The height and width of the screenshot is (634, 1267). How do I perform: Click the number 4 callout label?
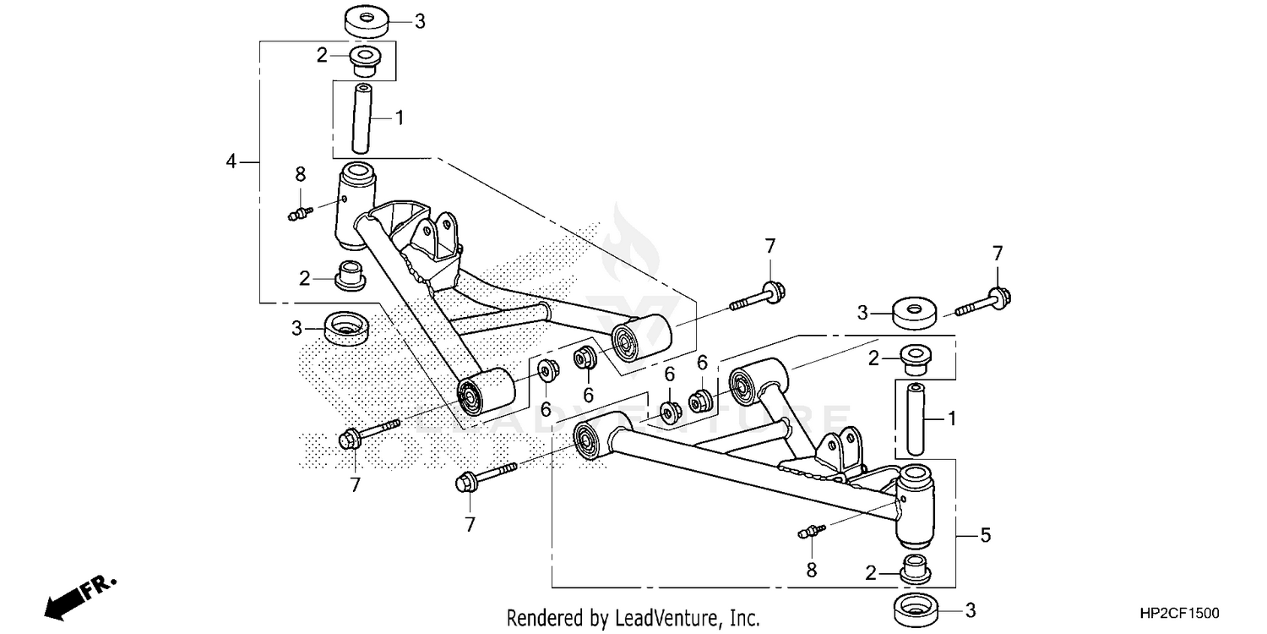point(231,160)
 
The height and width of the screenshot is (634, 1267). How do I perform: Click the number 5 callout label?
point(985,535)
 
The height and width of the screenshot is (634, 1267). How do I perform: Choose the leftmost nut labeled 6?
point(546,369)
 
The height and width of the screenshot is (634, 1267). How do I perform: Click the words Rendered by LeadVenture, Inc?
point(633,618)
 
